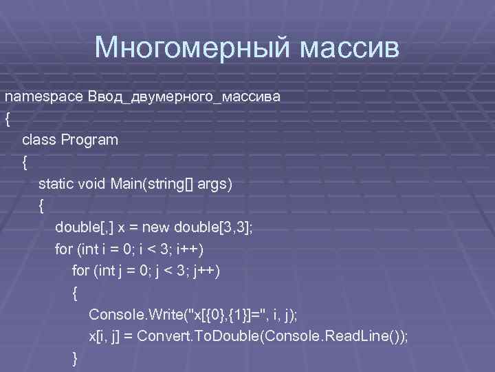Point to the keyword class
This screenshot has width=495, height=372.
(39, 140)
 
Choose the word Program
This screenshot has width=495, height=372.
(90, 140)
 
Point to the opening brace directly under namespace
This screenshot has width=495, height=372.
(8, 118)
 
